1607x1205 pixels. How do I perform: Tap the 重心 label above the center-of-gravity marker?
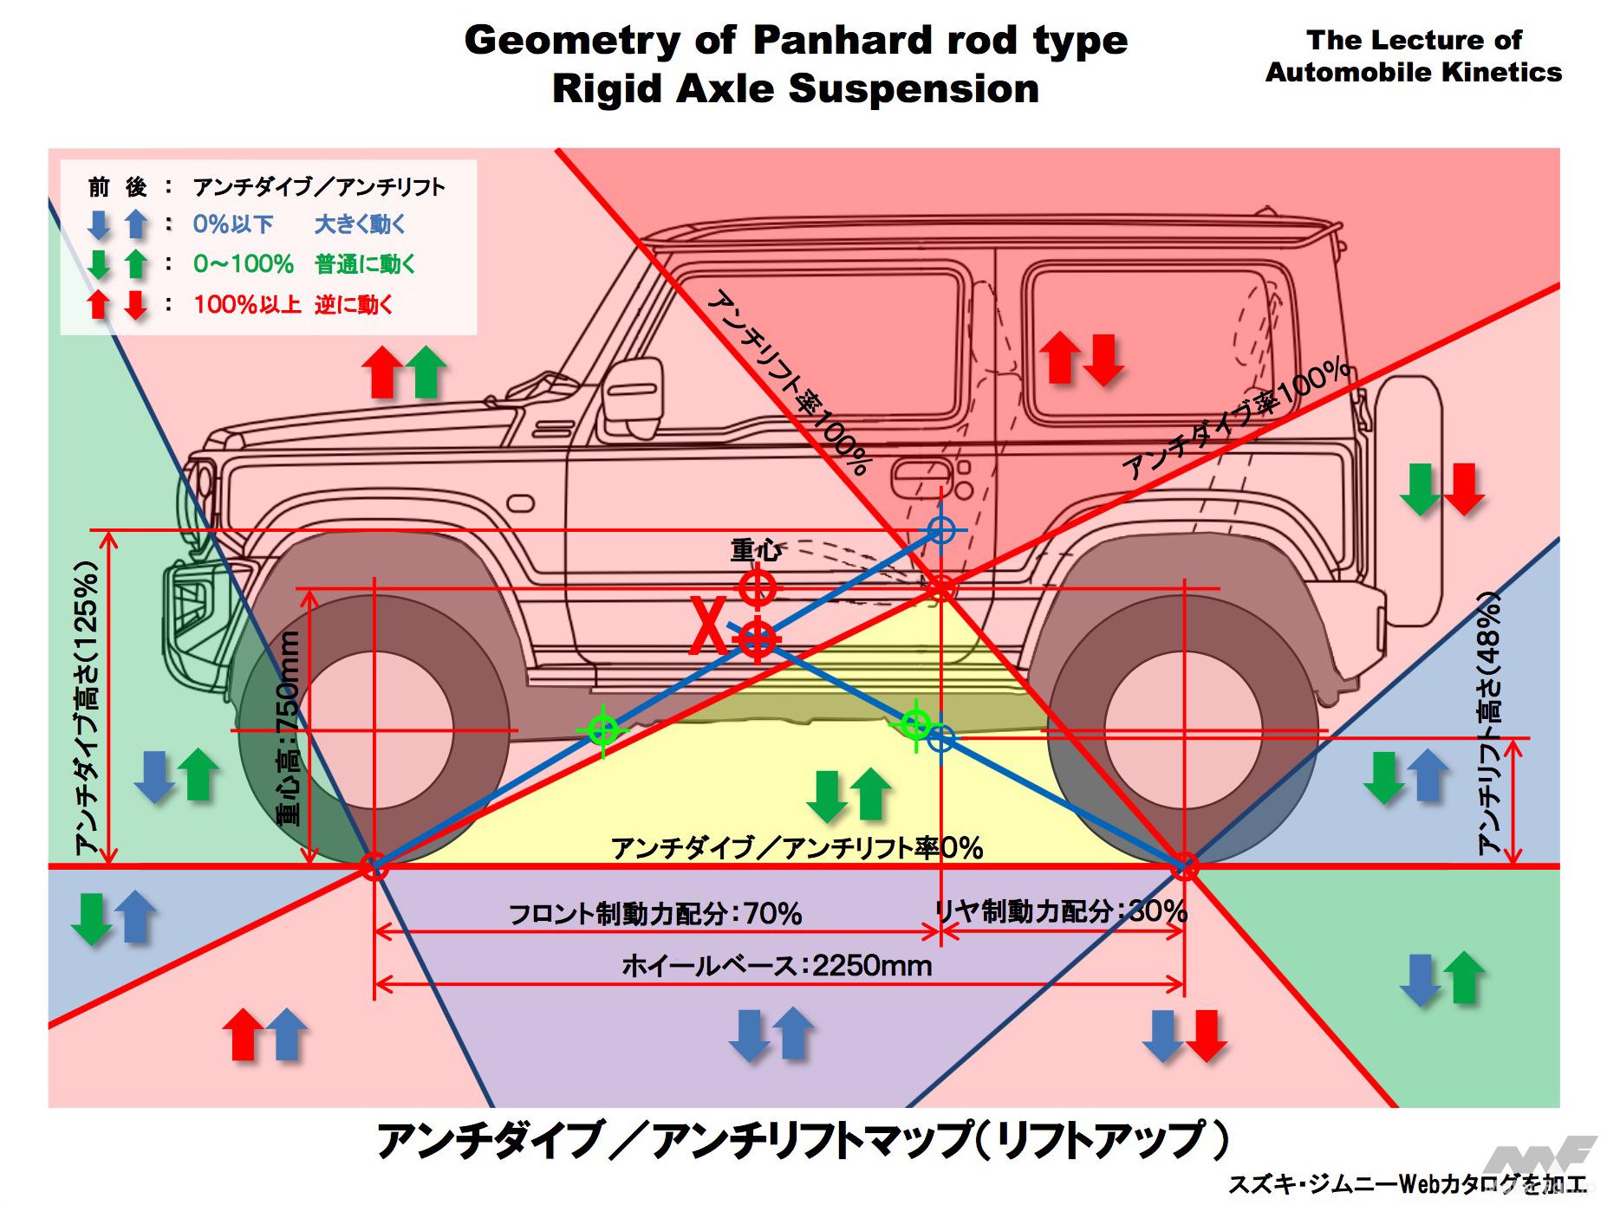pyautogui.click(x=756, y=550)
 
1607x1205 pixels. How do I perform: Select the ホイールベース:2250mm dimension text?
pyautogui.click(x=777, y=965)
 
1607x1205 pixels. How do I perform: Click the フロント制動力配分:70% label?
pyautogui.click(x=654, y=913)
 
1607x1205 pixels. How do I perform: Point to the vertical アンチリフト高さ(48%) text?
pyautogui.click(x=1489, y=723)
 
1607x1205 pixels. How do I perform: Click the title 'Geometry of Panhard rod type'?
pyautogui.click(x=796, y=40)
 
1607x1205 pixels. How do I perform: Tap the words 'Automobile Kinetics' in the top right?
pyautogui.click(x=1413, y=72)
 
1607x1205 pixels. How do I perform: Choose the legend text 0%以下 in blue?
pyautogui.click(x=233, y=224)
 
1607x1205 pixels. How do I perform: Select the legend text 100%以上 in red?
pyautogui.click(x=247, y=304)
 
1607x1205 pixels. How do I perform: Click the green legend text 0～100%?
pyautogui.click(x=244, y=263)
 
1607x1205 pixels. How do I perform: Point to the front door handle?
pyautogui.click(x=922, y=471)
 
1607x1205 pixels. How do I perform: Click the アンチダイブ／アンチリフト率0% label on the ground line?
pyautogui.click(x=797, y=847)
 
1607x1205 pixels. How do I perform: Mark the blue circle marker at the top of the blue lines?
pyautogui.click(x=940, y=529)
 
